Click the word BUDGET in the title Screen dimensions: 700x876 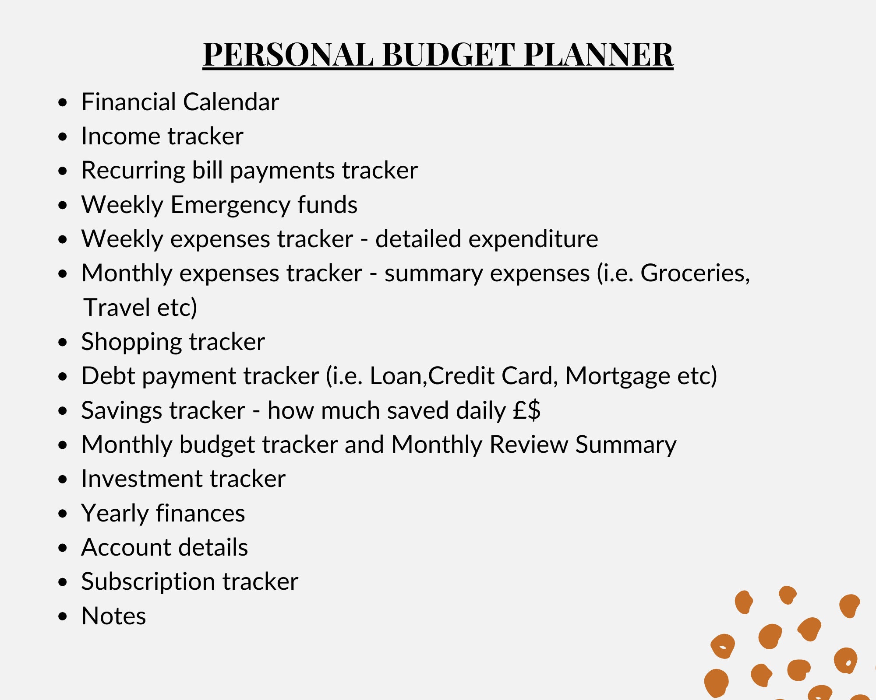pos(449,55)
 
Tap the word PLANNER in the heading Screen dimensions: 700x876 pos(598,55)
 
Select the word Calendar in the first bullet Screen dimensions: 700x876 pos(231,102)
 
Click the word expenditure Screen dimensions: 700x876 pos(486,239)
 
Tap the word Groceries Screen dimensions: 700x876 pos(695,273)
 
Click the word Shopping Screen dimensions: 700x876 pos(131,342)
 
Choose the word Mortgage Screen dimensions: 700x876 pos(617,376)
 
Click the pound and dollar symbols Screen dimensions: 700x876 pos(527,410)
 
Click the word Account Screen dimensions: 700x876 pos(126,548)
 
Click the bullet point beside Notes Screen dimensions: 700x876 pos(63,616)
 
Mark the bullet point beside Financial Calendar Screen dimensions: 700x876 pos(63,102)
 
